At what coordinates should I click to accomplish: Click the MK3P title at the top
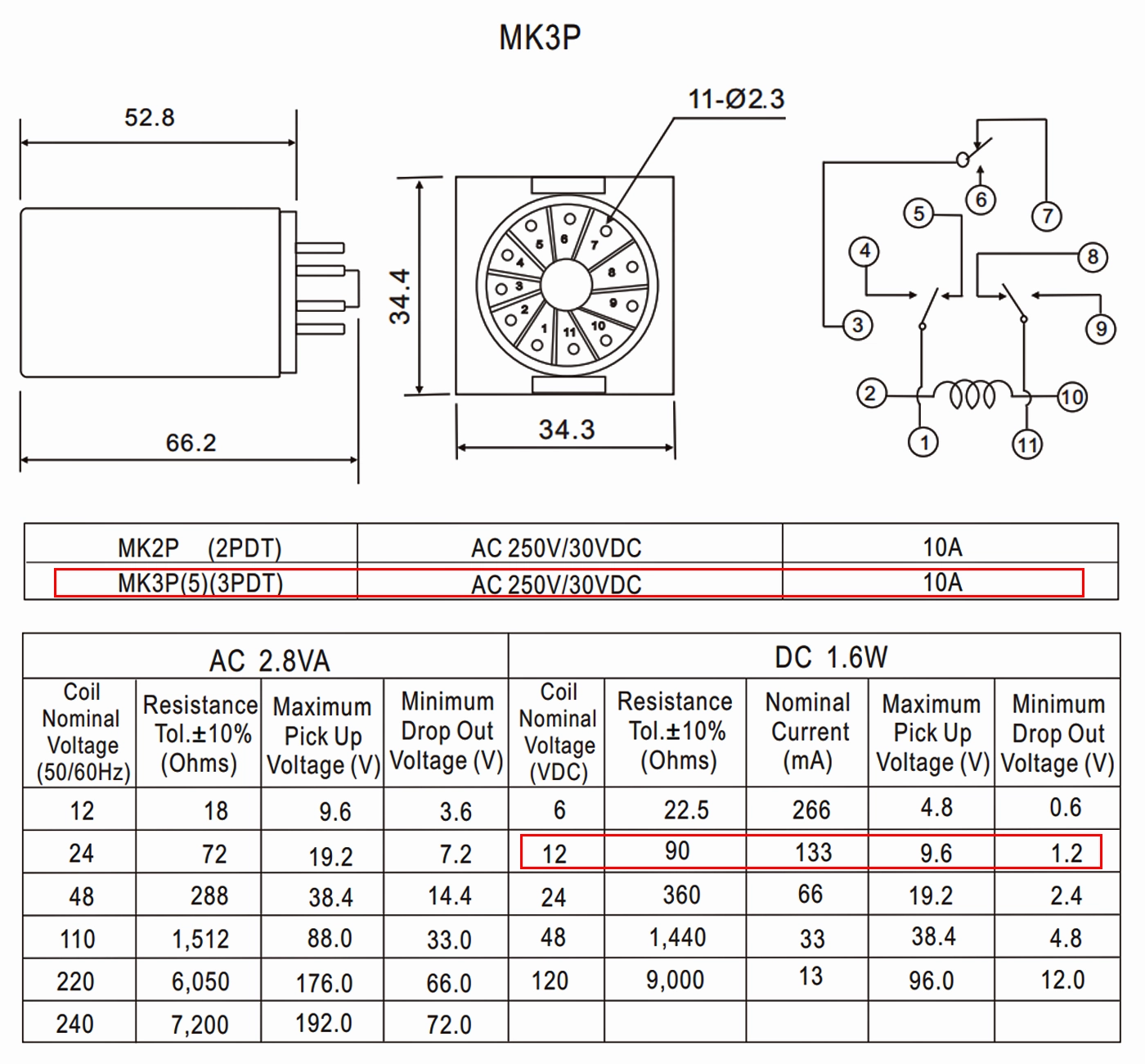coord(540,38)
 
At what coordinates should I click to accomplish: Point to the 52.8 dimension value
coord(149,118)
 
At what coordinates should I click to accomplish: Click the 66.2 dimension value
coord(191,443)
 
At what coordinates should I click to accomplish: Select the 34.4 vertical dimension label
coord(400,296)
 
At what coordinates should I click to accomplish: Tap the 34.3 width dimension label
coord(566,430)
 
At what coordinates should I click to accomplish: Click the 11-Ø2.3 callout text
coord(736,99)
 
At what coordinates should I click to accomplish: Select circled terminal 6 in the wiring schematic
coord(981,199)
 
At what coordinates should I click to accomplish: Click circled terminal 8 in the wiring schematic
coord(1093,257)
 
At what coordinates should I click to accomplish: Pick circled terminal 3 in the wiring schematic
coord(857,325)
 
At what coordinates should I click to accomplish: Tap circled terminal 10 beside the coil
coord(1071,398)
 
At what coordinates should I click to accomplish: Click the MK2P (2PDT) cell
coord(200,548)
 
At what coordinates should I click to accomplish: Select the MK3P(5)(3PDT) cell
coord(200,584)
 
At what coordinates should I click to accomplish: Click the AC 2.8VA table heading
coord(269,660)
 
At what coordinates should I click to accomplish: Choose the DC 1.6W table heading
coord(831,657)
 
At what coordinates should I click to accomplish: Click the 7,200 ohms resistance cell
coord(200,1024)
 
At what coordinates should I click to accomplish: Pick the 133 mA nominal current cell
coord(812,853)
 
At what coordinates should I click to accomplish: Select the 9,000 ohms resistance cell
coord(675,980)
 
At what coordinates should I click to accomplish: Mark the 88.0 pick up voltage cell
coord(330,938)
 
